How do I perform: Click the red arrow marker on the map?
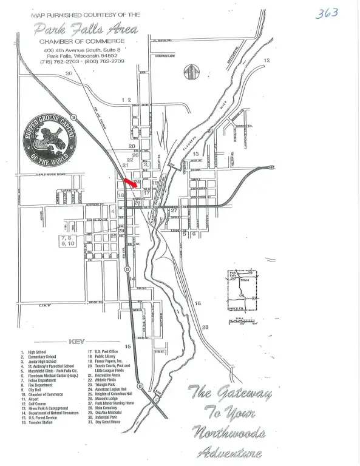click(x=129, y=181)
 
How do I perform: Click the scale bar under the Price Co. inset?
click(x=243, y=320)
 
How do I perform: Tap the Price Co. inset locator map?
click(x=242, y=290)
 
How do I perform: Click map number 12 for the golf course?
click(x=267, y=61)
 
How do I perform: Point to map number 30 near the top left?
click(x=69, y=73)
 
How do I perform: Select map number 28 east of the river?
click(x=205, y=327)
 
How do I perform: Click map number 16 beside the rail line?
click(x=197, y=303)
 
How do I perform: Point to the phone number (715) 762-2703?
click(x=59, y=61)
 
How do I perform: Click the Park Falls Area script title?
click(x=86, y=29)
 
